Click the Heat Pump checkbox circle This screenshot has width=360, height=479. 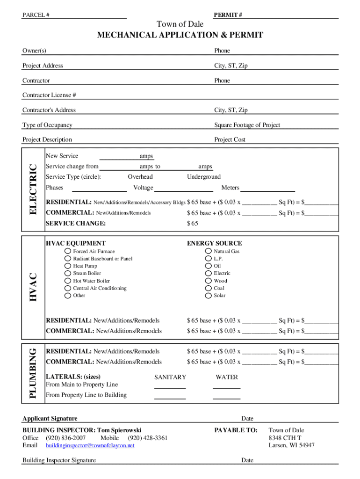[x=68, y=266]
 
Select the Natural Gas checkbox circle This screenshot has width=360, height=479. [x=209, y=251]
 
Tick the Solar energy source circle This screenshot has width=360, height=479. [x=209, y=296]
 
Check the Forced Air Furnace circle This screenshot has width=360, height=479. [x=68, y=251]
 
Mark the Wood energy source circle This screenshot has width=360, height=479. [x=209, y=281]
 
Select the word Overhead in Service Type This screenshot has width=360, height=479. [x=140, y=177]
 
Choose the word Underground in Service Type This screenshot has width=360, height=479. [x=204, y=177]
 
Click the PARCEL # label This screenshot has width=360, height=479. [x=36, y=15]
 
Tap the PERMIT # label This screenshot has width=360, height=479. [x=228, y=15]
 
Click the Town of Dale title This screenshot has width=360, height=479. [x=180, y=24]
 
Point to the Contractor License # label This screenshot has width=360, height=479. [x=49, y=95]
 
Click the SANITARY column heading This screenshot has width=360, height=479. [x=170, y=377]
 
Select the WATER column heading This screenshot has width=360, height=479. [x=227, y=377]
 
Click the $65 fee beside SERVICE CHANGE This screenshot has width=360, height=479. [x=193, y=224]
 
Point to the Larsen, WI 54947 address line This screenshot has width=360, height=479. [x=291, y=445]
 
